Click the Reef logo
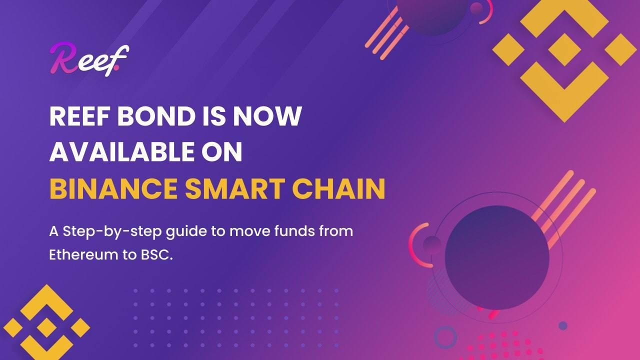coord(89,60)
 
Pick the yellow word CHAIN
coord(339,188)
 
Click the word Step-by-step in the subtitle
coord(100,232)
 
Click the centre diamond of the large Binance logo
coord(564,49)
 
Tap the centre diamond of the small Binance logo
coord(46,327)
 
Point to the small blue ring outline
coord(445,337)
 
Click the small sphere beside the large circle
coord(432,244)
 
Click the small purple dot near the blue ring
coord(563,325)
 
